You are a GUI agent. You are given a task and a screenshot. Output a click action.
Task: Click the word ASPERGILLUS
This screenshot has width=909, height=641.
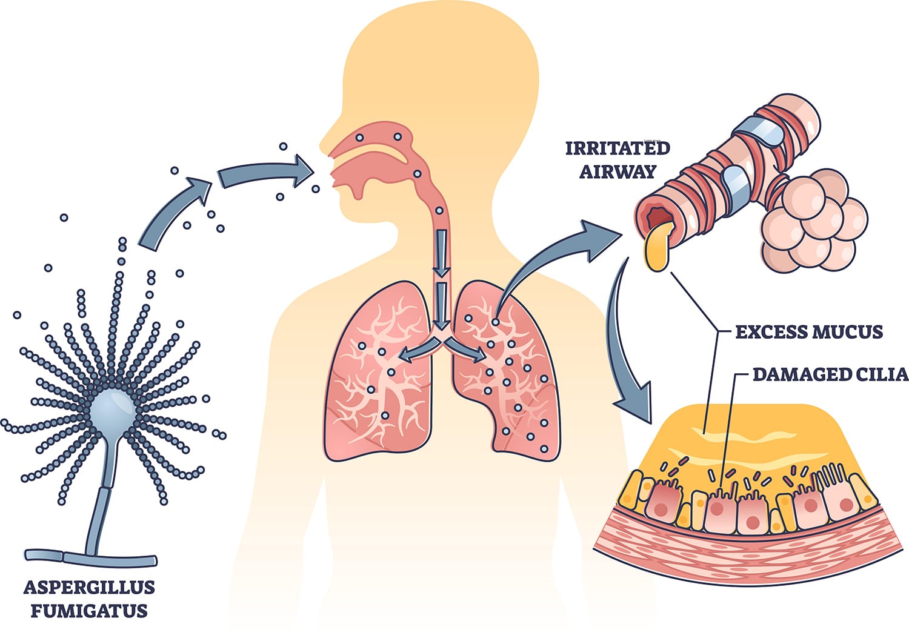point(89,588)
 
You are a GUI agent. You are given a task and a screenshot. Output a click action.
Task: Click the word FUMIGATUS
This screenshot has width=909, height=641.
point(89,611)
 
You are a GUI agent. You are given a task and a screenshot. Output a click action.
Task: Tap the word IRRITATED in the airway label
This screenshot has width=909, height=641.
point(618,148)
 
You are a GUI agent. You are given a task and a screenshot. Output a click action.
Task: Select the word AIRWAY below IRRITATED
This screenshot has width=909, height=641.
point(618,171)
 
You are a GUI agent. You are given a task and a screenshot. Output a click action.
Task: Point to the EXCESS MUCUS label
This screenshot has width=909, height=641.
point(809,332)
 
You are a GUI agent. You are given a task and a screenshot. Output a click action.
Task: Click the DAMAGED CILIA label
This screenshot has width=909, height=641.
point(830,374)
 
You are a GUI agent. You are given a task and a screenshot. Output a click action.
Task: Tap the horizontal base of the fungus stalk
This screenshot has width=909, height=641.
point(91,558)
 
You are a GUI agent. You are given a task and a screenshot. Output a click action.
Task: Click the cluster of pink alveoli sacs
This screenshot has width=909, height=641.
point(811,221)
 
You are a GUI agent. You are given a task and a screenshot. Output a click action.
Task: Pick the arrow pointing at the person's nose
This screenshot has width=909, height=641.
point(266,173)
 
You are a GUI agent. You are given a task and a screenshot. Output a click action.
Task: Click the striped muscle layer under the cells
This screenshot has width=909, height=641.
point(751,554)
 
